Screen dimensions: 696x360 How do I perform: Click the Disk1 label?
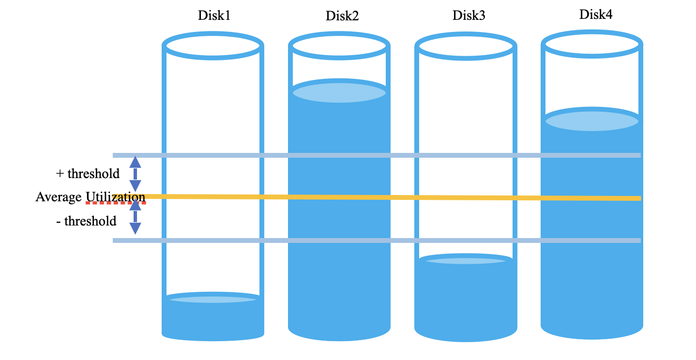point(214,15)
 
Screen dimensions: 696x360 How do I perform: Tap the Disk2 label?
point(342,16)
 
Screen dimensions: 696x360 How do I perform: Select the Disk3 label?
point(469,15)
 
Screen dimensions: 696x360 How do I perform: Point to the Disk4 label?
point(596,15)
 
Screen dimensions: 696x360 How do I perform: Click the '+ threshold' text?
point(88,174)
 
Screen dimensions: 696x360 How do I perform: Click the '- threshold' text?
point(86,221)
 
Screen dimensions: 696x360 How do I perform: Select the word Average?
point(59,197)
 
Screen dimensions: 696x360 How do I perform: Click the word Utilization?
point(116,197)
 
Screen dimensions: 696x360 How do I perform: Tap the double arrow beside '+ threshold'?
point(135,174)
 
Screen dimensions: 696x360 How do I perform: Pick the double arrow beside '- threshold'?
point(135,216)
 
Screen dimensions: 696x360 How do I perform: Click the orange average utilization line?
point(377,197)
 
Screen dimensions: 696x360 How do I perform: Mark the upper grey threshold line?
point(377,155)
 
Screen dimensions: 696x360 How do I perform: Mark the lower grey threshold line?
point(377,240)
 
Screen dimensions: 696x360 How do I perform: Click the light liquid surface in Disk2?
point(339,92)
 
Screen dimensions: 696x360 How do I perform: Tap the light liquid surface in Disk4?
point(592,121)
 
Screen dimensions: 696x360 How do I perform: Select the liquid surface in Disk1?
point(213,300)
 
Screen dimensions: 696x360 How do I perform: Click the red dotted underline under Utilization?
point(116,203)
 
